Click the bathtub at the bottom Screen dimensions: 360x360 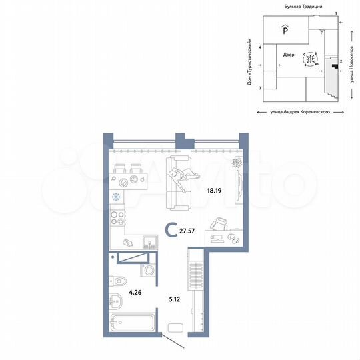(x=133, y=327)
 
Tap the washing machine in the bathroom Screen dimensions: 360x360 (x=148, y=270)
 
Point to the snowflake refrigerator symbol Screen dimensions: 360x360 (x=116, y=197)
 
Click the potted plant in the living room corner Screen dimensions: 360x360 (x=235, y=164)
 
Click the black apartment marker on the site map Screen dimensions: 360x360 (x=335, y=66)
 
